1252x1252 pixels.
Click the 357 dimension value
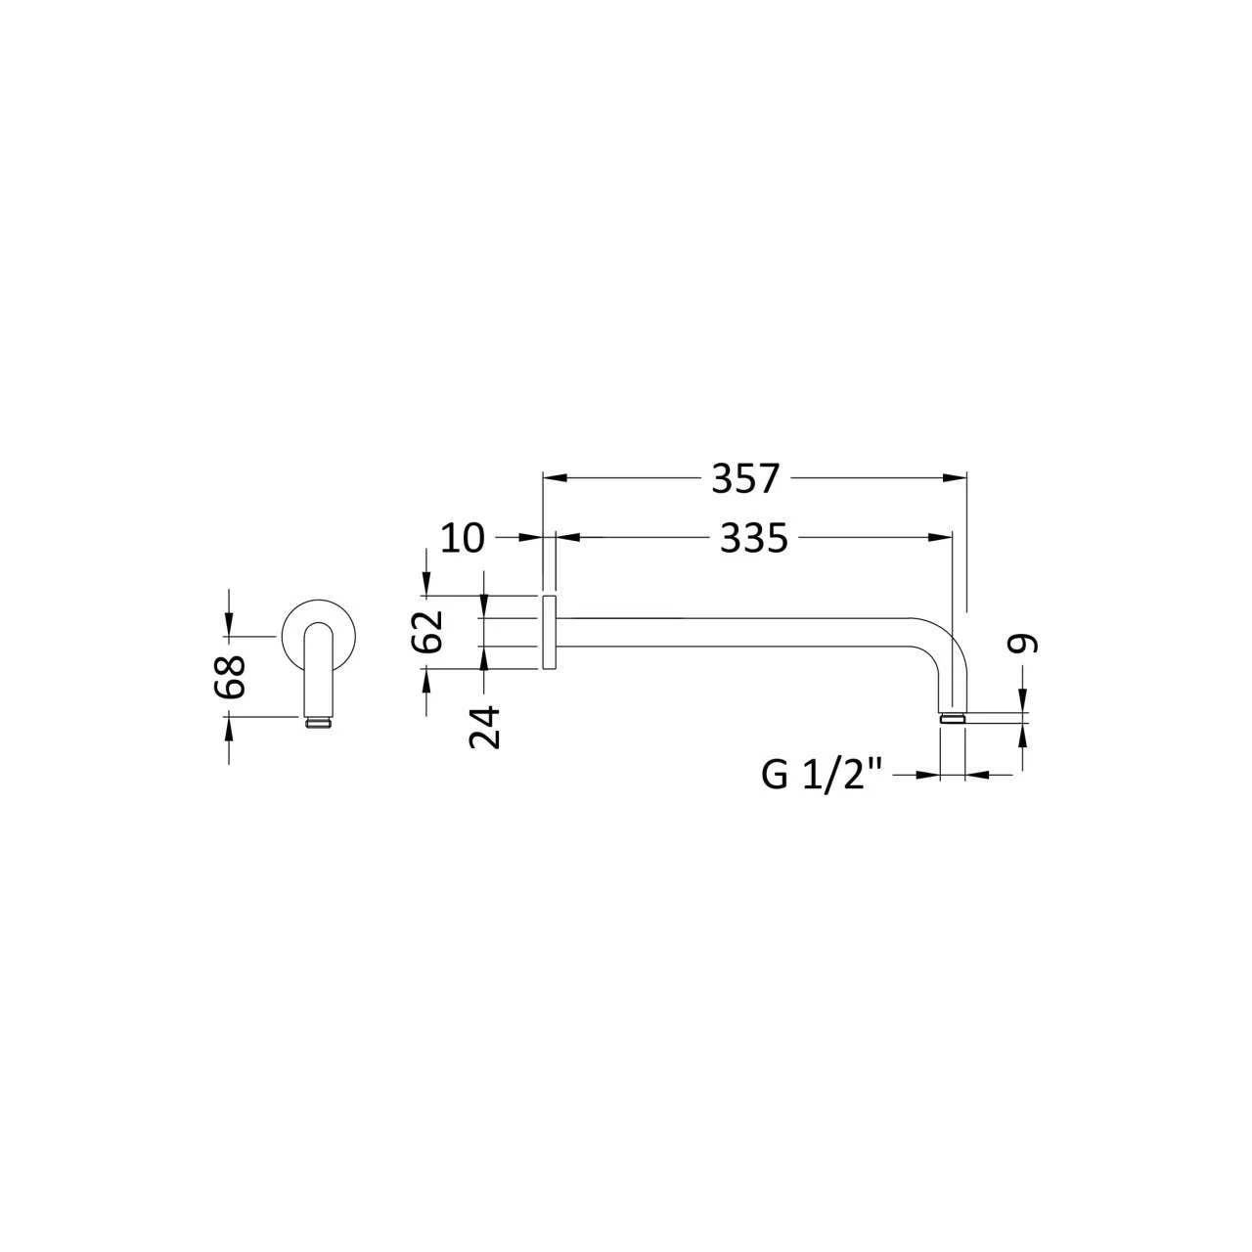pyautogui.click(x=744, y=479)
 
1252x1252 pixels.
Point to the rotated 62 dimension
pyautogui.click(x=426, y=632)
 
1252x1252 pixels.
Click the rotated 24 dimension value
pyautogui.click(x=485, y=727)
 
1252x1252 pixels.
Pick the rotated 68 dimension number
pyautogui.click(x=229, y=676)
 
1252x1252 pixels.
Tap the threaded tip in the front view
pyautogui.click(x=318, y=723)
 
